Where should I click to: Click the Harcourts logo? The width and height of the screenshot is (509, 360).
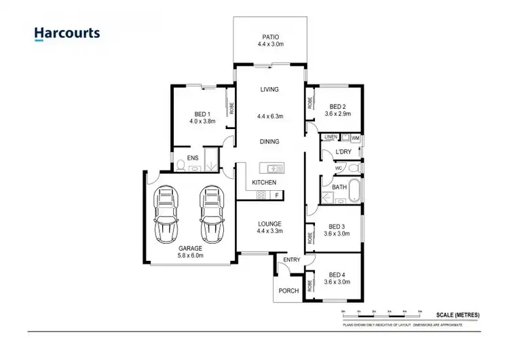(x=67, y=33)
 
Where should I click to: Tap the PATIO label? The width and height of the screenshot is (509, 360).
(x=270, y=37)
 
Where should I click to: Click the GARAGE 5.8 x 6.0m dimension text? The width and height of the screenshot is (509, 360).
(x=189, y=256)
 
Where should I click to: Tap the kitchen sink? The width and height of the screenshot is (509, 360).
(x=274, y=168)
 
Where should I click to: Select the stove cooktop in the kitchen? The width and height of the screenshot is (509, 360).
(x=261, y=196)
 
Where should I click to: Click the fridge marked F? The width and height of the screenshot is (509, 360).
(x=276, y=196)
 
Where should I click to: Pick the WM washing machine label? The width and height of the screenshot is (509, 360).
(x=355, y=138)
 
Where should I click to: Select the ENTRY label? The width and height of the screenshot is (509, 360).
(x=292, y=260)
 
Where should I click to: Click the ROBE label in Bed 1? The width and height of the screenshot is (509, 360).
(x=231, y=107)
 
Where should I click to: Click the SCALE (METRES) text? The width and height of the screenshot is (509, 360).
(x=459, y=314)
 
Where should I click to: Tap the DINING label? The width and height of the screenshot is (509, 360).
(x=269, y=142)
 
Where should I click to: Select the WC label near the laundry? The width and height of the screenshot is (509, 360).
(x=337, y=168)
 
